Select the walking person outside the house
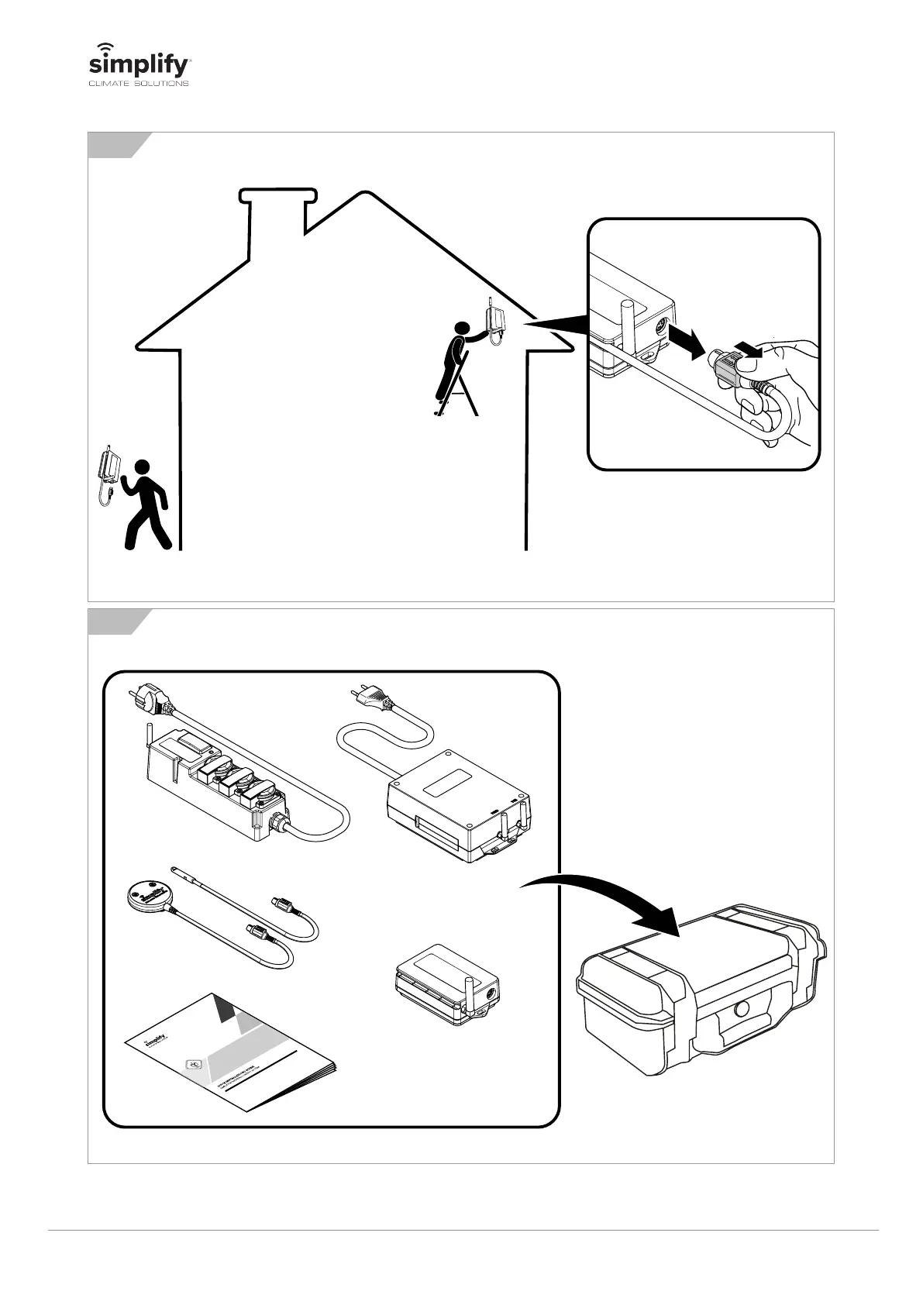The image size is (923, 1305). [145, 504]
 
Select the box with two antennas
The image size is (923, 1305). [459, 802]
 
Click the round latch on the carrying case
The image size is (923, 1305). [740, 1008]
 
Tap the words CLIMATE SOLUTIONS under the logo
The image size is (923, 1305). [136, 84]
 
